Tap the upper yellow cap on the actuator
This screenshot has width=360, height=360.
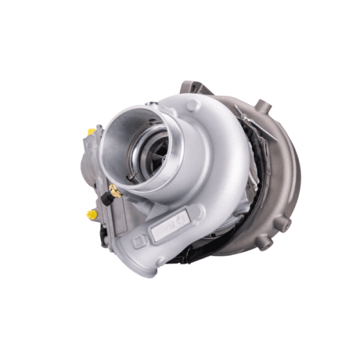click(x=91, y=131)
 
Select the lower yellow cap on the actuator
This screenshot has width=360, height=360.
click(x=92, y=214)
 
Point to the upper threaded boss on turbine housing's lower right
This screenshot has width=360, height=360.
click(x=286, y=223)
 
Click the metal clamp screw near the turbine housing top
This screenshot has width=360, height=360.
click(x=240, y=112)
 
